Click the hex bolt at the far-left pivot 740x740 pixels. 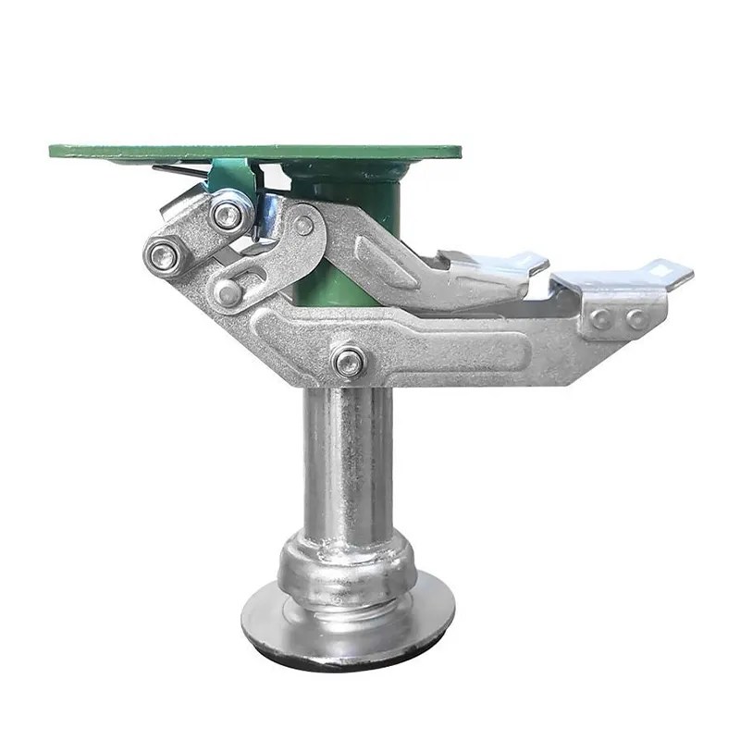(164, 255)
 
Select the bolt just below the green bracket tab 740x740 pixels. (227, 215)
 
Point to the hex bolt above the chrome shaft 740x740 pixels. (349, 362)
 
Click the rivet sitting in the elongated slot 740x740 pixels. (228, 291)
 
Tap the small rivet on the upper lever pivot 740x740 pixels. (303, 225)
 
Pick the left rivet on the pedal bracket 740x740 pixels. (602, 319)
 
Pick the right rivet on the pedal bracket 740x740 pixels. (637, 319)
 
